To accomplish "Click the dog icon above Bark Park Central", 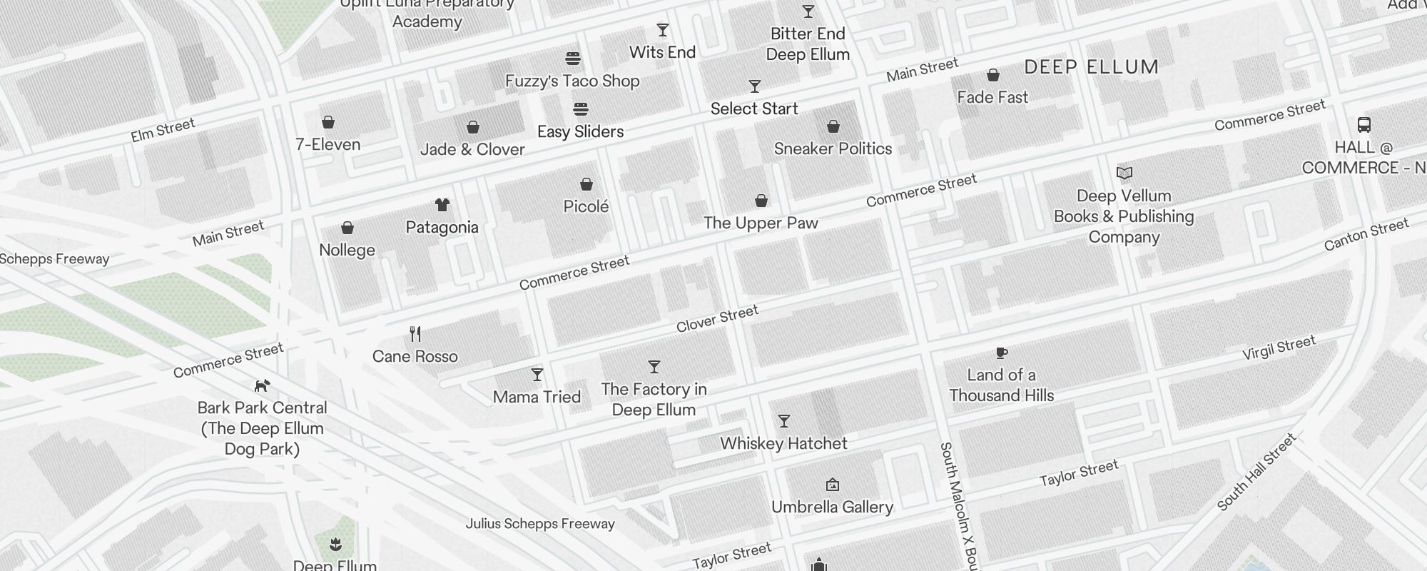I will click(263, 386).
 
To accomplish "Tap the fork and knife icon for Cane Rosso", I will click(415, 334).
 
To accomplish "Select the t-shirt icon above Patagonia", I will click(442, 206).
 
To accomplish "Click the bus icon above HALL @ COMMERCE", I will click(1364, 126).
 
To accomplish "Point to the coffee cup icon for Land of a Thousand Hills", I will click(1001, 353).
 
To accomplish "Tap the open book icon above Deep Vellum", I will click(1124, 173).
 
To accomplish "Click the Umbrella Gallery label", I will click(832, 507).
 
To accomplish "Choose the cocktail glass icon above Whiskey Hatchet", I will click(783, 421).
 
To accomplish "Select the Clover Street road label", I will click(717, 319).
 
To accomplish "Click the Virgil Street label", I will click(1279, 348).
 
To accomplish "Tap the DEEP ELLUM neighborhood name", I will click(1091, 68).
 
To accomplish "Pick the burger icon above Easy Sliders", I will click(581, 109).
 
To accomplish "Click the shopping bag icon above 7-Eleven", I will click(328, 122).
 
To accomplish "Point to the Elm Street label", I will click(163, 131).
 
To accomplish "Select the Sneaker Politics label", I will click(833, 148).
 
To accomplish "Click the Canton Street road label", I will click(1366, 235).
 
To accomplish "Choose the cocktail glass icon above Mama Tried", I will click(537, 375).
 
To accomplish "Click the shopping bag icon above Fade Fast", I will click(992, 75).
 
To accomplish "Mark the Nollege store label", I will click(347, 250).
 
